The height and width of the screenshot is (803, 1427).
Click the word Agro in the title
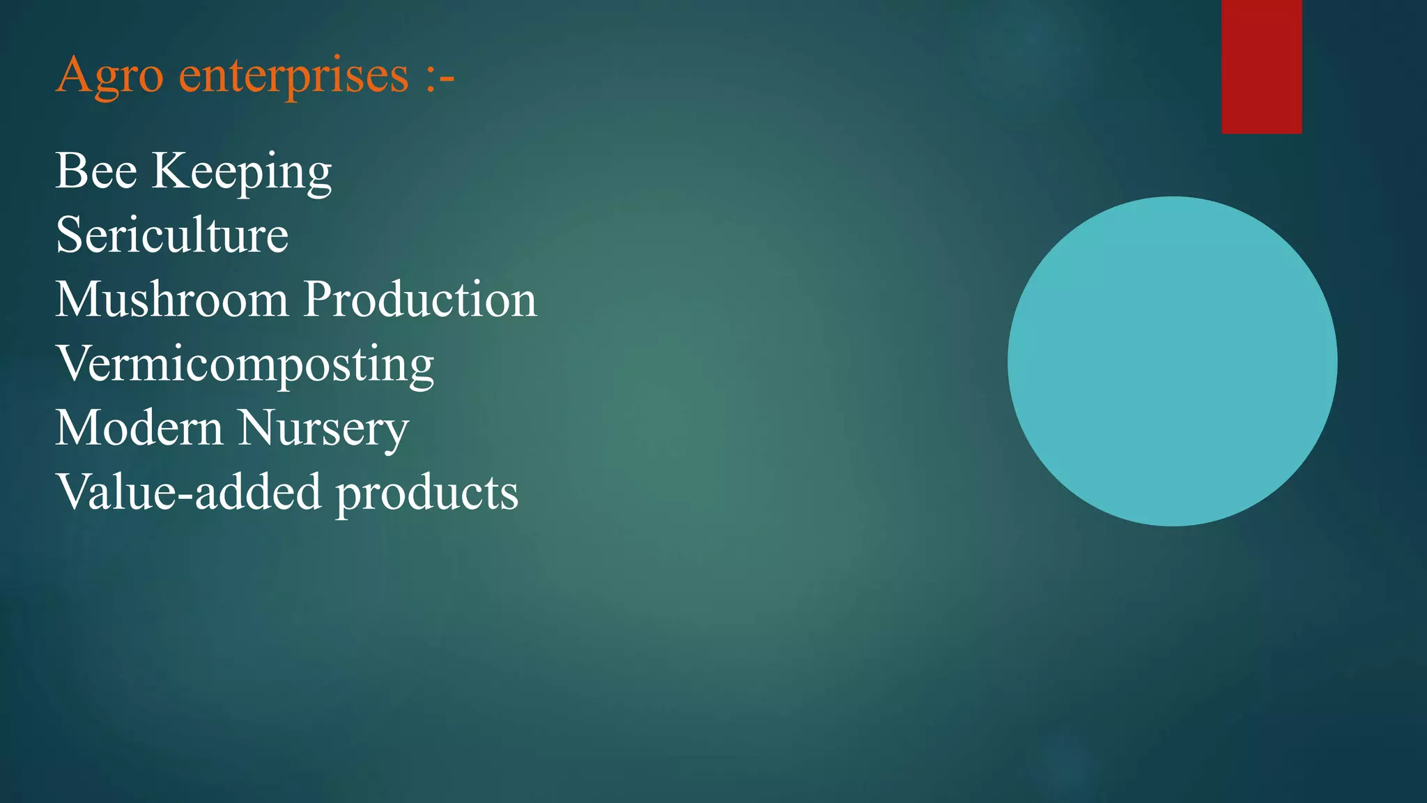109,75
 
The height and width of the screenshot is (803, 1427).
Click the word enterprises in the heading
293,75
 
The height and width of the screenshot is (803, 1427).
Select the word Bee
96,171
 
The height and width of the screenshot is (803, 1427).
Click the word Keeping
242,172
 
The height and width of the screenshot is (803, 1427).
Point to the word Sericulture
171,235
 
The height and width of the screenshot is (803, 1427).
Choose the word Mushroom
171,299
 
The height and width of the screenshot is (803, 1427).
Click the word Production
420,299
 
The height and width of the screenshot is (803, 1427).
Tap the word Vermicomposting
245,365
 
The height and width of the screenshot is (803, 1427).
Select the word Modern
139,427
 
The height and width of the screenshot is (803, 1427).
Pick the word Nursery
323,429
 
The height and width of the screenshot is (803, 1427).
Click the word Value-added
188,491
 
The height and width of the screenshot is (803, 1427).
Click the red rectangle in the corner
1261,66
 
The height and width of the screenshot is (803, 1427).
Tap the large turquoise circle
1172,361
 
